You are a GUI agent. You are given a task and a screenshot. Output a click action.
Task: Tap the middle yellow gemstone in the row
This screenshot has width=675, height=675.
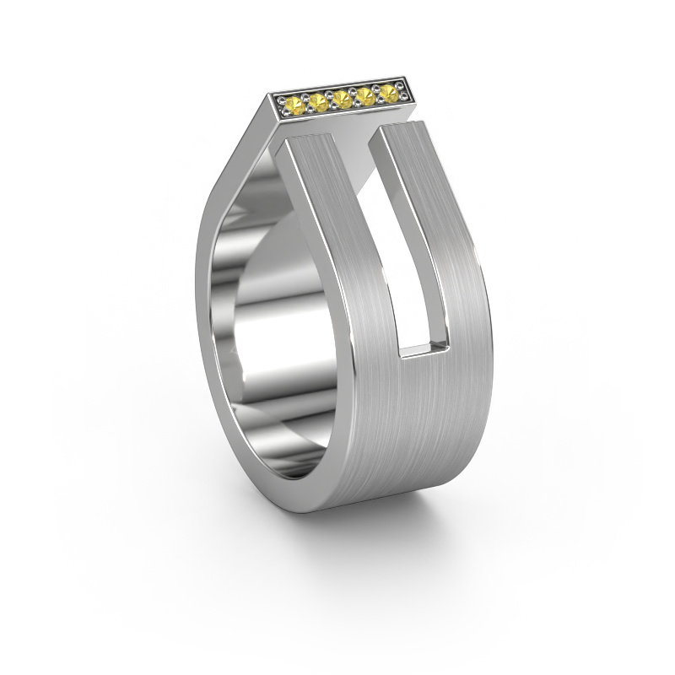(342, 100)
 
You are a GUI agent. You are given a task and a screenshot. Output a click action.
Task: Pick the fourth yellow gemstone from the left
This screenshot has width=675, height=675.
(364, 95)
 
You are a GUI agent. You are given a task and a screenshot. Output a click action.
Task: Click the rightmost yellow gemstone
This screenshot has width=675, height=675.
(387, 91)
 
